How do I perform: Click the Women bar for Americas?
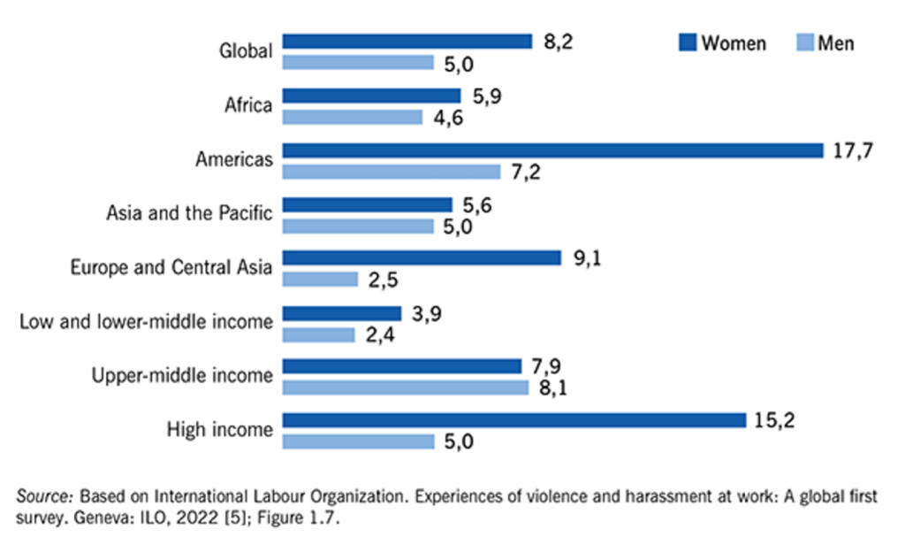pyautogui.click(x=553, y=150)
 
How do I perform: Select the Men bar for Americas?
pyautogui.click(x=392, y=172)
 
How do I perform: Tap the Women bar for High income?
pyautogui.click(x=514, y=419)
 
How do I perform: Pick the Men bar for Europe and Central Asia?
pyautogui.click(x=320, y=280)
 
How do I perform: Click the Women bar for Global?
pyautogui.click(x=407, y=41)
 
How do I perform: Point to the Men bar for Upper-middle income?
pyautogui.click(x=406, y=387)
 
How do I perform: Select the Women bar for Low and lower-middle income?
pyautogui.click(x=342, y=312)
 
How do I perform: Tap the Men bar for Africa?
pyautogui.click(x=353, y=117)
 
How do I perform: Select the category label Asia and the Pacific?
pyautogui.click(x=189, y=213)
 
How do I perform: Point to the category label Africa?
pyautogui.click(x=247, y=106)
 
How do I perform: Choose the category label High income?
pyautogui.click(x=220, y=430)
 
